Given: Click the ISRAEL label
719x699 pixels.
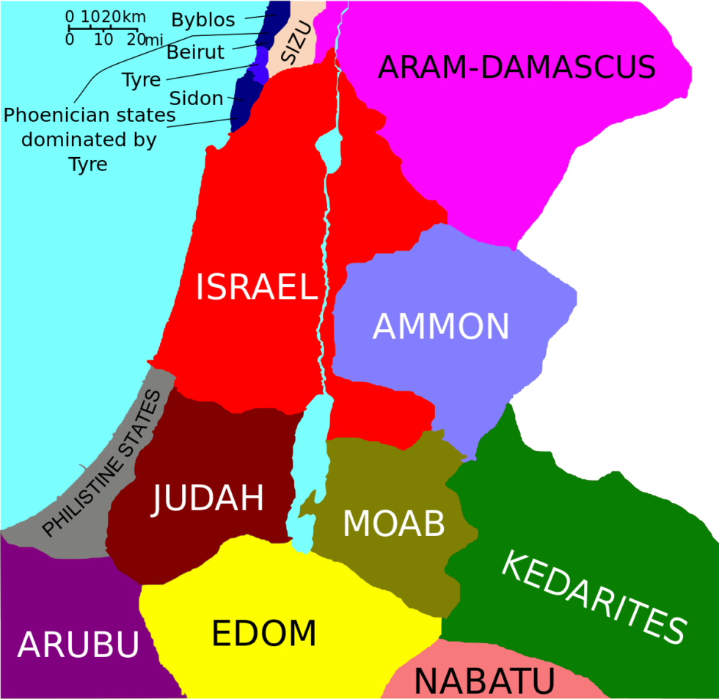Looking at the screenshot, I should point(256,287).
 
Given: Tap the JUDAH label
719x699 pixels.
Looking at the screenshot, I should point(208,499).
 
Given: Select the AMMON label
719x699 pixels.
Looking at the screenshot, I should point(441,327).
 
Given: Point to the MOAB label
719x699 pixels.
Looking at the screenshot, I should point(394,524).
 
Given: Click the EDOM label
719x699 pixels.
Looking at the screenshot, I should point(264,634).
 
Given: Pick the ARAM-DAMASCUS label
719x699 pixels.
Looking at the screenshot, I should point(517,68).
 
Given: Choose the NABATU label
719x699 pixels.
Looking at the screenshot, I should point(483,680).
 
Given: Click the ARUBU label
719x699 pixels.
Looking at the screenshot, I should point(78,645).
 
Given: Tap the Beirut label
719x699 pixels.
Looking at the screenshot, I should point(195,53).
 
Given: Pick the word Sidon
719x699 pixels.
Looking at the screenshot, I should point(196,98).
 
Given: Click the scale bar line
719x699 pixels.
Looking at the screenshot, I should point(103,28).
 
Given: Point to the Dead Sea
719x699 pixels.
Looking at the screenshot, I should point(307,463).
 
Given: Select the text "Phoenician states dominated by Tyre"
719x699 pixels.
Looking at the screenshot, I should point(89,140).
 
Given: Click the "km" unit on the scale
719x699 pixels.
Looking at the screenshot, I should point(135,16).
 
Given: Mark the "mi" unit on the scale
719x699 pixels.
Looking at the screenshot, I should point(153,41).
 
